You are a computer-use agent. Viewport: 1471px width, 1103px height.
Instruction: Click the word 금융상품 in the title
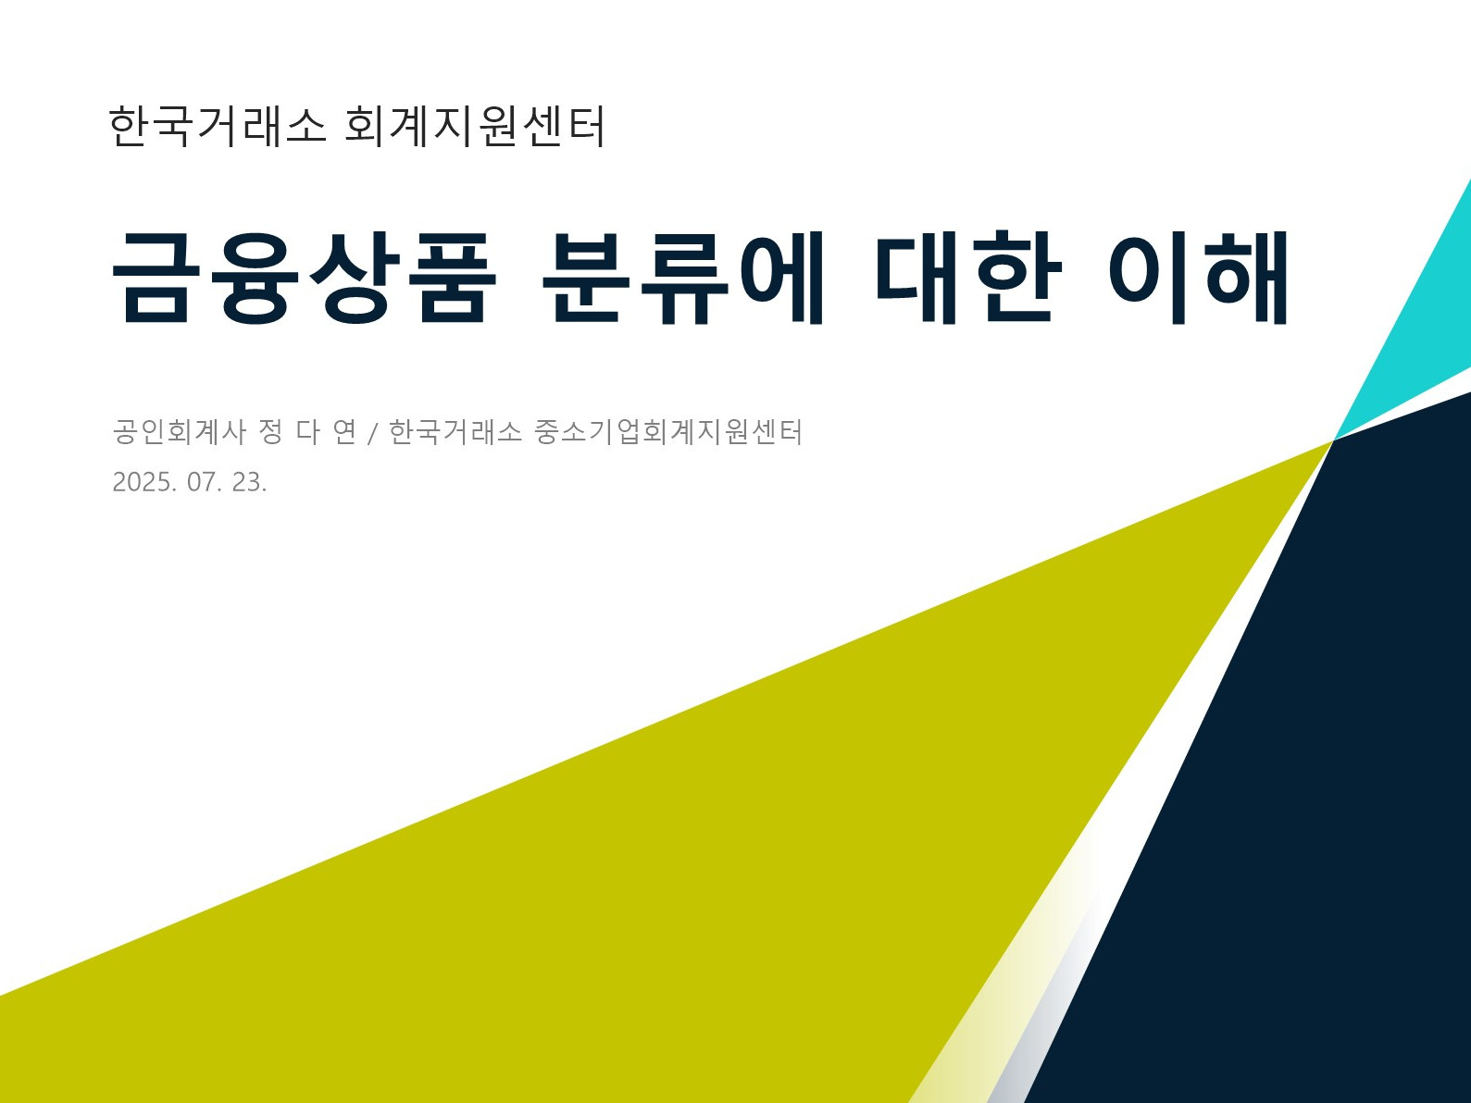point(305,277)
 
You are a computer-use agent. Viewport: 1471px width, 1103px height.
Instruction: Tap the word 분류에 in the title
point(682,277)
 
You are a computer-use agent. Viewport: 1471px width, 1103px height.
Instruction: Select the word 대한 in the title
point(968,277)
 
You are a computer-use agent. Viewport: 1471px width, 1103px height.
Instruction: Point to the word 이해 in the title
point(1198,277)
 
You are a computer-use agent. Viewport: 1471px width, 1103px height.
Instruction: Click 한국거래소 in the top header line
point(217,125)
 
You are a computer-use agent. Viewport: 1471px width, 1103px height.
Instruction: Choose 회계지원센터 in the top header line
point(475,125)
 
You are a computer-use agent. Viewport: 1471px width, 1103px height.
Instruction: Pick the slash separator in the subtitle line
point(373,433)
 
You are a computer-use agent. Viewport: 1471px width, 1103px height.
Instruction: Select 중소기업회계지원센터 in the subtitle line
point(667,431)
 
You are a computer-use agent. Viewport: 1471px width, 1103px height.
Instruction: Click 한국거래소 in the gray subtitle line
point(455,431)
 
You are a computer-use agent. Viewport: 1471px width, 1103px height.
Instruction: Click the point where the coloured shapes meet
point(1334,440)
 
